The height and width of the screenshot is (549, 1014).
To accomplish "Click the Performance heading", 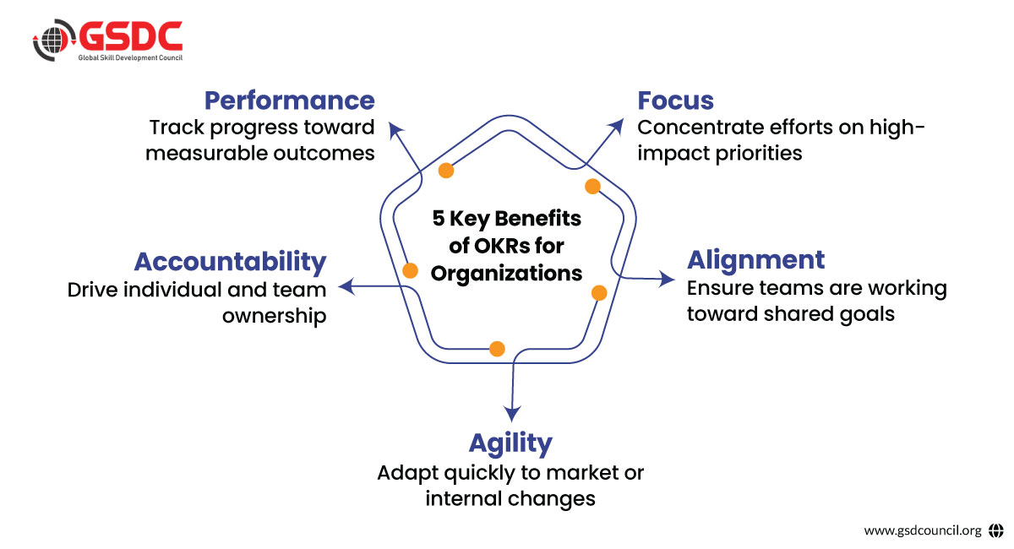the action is click(290, 101).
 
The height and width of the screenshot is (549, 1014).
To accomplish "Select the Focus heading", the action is click(675, 101).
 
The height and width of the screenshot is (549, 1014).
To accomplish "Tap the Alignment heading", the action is click(756, 260).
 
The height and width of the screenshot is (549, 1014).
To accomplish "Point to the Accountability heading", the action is click(231, 262).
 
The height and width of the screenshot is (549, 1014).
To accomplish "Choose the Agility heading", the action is click(510, 443).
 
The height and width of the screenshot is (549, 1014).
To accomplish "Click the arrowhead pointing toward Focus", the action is click(617, 126).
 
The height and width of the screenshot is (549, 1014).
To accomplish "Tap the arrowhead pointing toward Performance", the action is click(395, 130).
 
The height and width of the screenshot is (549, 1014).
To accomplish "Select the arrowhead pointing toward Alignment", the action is click(667, 279).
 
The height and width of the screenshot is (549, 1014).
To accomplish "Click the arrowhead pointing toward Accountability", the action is click(346, 286).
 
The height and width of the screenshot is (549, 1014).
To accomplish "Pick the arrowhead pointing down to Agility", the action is click(512, 413).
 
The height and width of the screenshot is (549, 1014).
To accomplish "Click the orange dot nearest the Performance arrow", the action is click(446, 171).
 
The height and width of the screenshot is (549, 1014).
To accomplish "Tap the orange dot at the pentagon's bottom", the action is click(497, 349).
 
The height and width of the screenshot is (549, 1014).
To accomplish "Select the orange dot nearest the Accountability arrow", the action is click(410, 270).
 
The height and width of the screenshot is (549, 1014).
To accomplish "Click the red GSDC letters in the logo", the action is click(131, 36).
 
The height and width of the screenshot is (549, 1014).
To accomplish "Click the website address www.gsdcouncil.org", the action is click(923, 530).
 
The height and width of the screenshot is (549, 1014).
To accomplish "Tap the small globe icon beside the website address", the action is click(996, 530).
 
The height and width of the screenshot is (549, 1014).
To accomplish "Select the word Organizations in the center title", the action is click(506, 274).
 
